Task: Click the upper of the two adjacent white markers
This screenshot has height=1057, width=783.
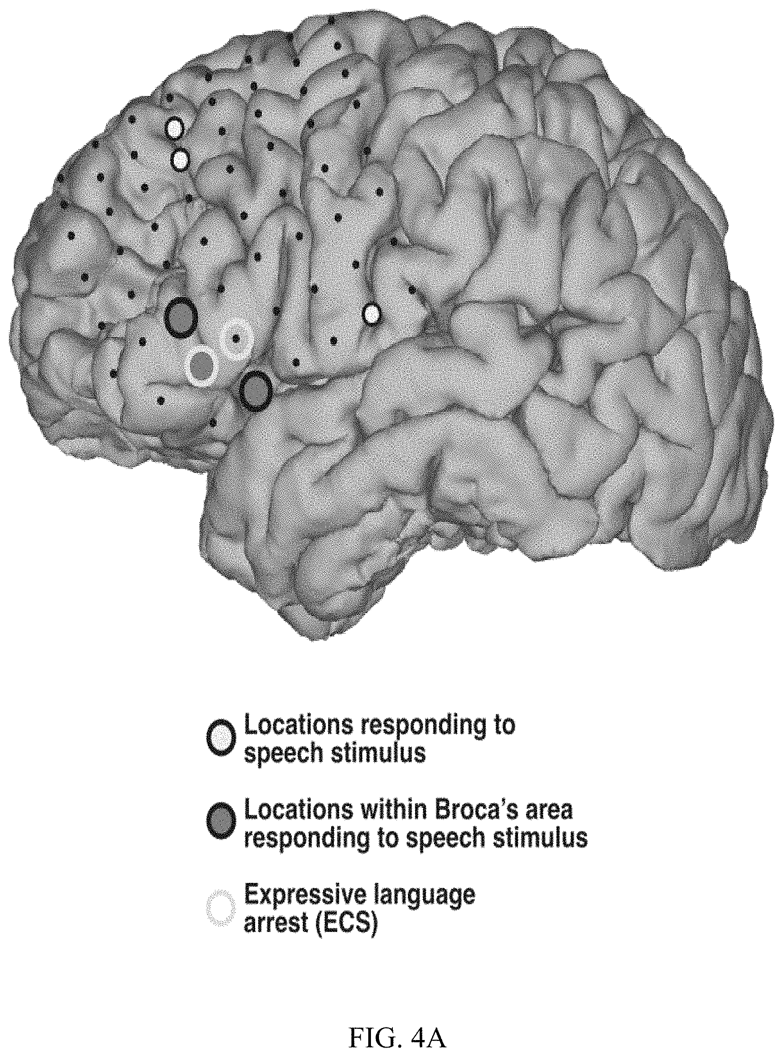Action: point(174,128)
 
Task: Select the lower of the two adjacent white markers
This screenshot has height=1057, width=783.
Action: point(180,160)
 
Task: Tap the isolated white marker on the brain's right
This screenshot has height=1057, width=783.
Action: point(371,314)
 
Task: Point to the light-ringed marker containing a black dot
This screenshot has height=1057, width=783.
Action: point(236,338)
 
